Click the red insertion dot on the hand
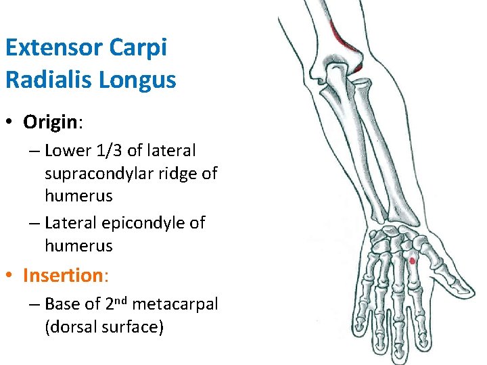click(x=412, y=260)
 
